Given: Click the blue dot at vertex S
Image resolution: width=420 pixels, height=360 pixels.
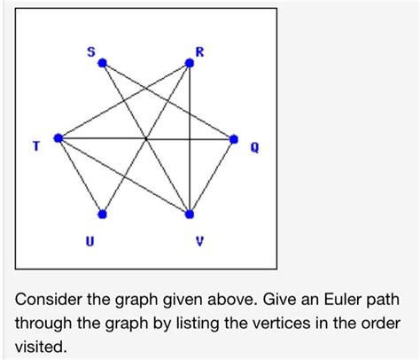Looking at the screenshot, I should (x=102, y=63).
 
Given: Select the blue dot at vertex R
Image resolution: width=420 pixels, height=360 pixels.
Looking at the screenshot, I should (x=189, y=63).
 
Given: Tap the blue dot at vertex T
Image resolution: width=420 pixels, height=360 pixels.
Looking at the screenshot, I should (x=58, y=138).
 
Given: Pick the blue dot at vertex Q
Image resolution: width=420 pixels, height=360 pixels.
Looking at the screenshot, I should (x=234, y=138).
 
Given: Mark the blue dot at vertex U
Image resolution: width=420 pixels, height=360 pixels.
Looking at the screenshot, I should (x=102, y=214).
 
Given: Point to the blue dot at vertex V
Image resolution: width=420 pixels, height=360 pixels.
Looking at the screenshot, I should (x=189, y=214).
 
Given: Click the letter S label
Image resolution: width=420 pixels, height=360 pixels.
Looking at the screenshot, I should (x=90, y=52).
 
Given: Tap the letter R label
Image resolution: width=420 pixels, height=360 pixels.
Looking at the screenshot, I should (x=199, y=52).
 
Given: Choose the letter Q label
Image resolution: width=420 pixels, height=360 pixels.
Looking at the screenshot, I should (x=254, y=148).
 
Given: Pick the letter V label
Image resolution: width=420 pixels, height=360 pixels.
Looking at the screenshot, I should (x=199, y=238).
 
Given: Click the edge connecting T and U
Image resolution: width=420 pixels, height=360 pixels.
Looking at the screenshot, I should (x=80, y=176).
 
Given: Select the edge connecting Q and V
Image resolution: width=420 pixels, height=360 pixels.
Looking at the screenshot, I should (x=212, y=176).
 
